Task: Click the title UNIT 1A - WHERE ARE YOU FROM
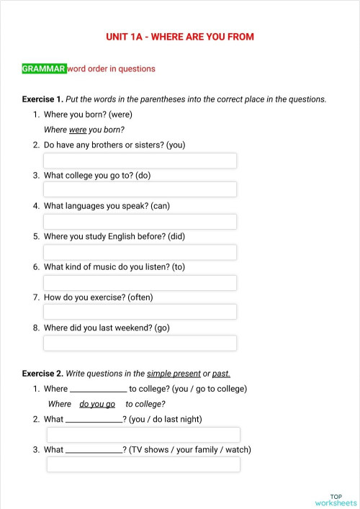[179, 37]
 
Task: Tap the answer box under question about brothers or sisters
[140, 160]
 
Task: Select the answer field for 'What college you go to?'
[140, 190]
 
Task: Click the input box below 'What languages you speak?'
[140, 221]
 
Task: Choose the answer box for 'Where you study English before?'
[140, 252]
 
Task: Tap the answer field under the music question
[140, 282]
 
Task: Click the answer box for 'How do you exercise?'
[140, 312]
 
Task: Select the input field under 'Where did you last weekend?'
[140, 343]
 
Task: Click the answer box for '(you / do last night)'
[143, 434]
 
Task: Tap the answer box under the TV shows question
[143, 464]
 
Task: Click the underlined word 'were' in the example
[78, 130]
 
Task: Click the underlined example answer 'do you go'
[97, 405]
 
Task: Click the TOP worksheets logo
[336, 500]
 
